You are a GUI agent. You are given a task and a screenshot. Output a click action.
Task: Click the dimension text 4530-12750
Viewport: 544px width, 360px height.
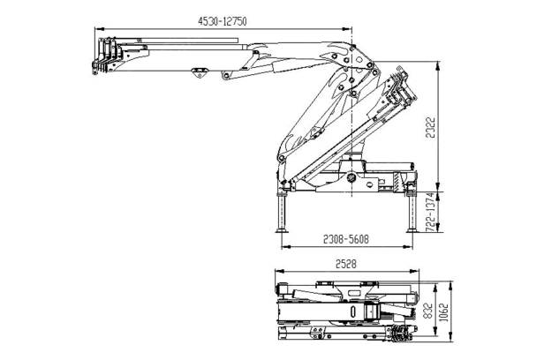(x=223, y=21)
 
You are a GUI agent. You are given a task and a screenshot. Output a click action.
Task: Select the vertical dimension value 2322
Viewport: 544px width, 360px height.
(x=430, y=127)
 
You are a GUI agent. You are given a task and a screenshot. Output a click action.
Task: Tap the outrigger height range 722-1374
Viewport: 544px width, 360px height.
(x=430, y=212)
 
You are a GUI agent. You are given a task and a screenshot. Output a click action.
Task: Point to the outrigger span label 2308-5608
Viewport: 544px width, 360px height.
(x=346, y=239)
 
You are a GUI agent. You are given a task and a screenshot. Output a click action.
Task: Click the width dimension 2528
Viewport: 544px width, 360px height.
(x=346, y=264)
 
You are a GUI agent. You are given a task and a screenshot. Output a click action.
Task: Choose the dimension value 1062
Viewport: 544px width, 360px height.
(x=443, y=312)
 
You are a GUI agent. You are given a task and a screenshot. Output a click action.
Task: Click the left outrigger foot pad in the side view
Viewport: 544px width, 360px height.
(x=282, y=230)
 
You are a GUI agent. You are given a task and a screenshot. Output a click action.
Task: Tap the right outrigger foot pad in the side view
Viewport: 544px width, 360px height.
(x=412, y=230)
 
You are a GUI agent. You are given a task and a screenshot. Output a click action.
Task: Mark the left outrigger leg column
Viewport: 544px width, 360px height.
(x=282, y=212)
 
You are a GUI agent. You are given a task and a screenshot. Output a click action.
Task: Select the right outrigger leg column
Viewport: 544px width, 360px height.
(x=412, y=212)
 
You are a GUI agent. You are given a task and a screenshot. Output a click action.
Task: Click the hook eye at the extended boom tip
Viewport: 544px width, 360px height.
(x=94, y=71)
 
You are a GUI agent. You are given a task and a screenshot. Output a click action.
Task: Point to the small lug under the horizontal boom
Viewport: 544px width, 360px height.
(x=200, y=72)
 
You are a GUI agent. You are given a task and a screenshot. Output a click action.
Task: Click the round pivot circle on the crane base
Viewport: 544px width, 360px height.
(x=351, y=178)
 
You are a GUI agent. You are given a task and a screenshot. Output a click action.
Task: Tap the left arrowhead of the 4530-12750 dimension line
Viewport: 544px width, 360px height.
(x=99, y=29)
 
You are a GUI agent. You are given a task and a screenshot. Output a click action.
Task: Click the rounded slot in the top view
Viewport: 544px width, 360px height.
(x=353, y=311)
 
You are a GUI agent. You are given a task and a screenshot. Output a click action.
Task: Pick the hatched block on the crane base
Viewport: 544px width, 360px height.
(x=397, y=181)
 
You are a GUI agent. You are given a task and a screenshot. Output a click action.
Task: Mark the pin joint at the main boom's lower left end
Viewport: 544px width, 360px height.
(x=281, y=158)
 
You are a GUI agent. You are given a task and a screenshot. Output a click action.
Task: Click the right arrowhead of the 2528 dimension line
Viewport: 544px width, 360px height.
(x=415, y=271)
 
